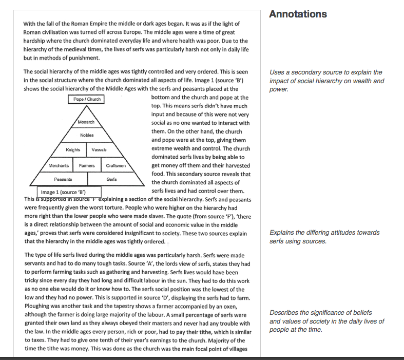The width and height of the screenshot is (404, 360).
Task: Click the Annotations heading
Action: click(298, 14)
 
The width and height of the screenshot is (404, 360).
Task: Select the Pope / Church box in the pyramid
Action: click(87, 99)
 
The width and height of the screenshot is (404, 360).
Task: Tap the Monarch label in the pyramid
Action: click(86, 122)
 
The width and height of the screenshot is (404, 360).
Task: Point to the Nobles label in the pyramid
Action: click(87, 135)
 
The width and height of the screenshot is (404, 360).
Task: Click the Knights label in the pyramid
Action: click(73, 150)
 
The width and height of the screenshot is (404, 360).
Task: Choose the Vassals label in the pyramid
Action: click(99, 150)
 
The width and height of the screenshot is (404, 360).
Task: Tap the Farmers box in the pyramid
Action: click(87, 166)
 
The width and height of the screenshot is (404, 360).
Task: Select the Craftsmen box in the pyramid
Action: click(116, 166)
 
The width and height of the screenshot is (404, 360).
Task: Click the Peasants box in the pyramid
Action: click(63, 179)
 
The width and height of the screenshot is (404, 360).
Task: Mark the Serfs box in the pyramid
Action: click(112, 179)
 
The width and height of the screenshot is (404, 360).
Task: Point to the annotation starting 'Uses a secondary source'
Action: click(326, 81)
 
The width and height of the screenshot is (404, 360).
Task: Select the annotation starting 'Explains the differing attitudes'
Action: click(324, 237)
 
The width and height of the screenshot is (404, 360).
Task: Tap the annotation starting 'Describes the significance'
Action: click(326, 321)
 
